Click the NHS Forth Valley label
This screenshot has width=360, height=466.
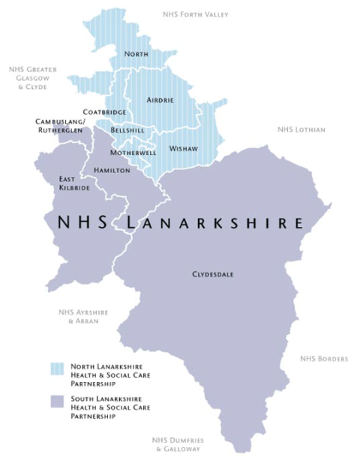click(x=196, y=14)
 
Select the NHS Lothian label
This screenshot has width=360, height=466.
click(x=301, y=130)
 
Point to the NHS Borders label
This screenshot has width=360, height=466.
click(x=324, y=359)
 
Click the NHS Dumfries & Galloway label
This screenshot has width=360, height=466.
click(x=178, y=444)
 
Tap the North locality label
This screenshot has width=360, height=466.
click(x=136, y=54)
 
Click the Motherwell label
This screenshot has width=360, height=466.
click(x=133, y=152)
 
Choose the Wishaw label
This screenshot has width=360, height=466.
click(x=184, y=148)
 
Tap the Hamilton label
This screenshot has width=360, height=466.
click(x=112, y=171)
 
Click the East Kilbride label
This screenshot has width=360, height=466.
click(x=74, y=184)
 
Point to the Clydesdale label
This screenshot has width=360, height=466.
click(x=212, y=275)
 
